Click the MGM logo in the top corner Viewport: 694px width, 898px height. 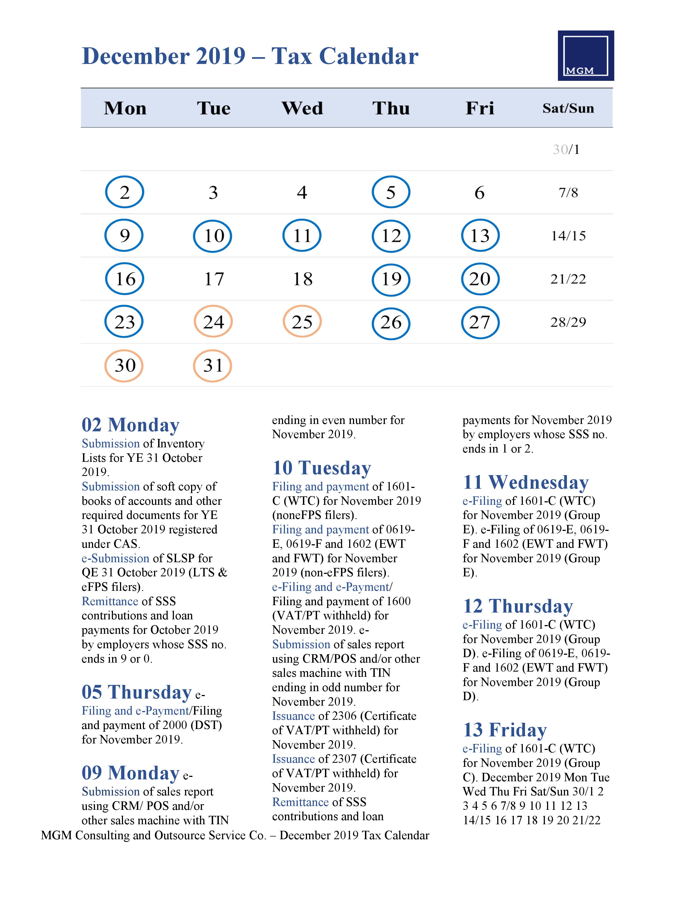[x=585, y=56]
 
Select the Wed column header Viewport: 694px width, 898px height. [x=302, y=108]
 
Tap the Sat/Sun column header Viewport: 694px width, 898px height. [x=568, y=108]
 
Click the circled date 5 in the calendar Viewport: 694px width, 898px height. [x=391, y=192]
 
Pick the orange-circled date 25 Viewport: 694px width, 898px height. [x=302, y=322]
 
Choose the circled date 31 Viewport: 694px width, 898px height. [x=213, y=365]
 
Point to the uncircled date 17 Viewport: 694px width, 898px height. [x=214, y=279]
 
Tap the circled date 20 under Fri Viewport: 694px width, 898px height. [x=480, y=279]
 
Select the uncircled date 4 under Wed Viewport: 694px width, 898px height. [x=302, y=192]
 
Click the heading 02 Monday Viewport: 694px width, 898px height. [x=130, y=425]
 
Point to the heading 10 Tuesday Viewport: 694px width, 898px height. [x=321, y=468]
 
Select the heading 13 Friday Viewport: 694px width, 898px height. [x=505, y=730]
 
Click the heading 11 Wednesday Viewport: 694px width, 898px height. [x=526, y=482]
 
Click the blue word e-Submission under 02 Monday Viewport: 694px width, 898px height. [x=115, y=558]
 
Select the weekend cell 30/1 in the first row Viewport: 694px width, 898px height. [x=566, y=149]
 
